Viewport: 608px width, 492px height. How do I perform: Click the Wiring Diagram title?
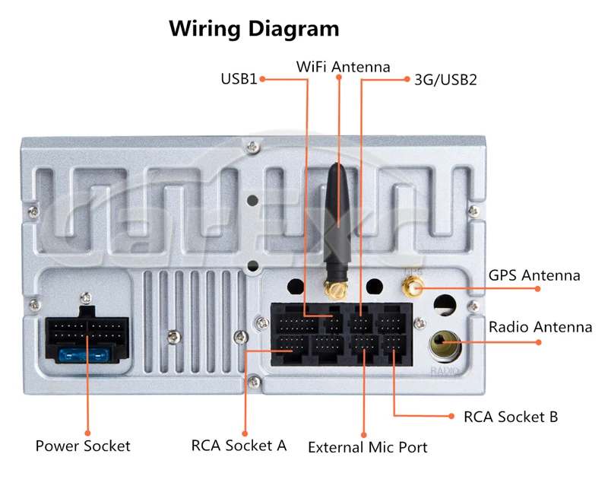pos(254,29)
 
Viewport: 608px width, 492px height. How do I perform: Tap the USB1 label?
pos(239,78)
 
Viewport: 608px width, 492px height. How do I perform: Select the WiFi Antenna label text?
pos(343,67)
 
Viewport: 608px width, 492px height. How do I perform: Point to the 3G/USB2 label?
pos(445,79)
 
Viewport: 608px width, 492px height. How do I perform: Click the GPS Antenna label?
pos(534,275)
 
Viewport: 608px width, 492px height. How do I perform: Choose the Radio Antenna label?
pos(540,327)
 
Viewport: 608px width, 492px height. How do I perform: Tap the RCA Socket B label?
pos(511,417)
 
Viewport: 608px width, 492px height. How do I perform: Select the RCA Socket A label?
pos(239,445)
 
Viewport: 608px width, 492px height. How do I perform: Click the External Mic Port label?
pos(368,447)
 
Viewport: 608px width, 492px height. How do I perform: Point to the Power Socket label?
pos(83,446)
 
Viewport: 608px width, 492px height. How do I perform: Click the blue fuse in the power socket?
pos(84,355)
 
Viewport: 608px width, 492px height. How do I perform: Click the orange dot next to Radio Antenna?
pos(539,342)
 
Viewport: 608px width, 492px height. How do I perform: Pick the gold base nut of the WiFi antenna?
pos(334,289)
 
